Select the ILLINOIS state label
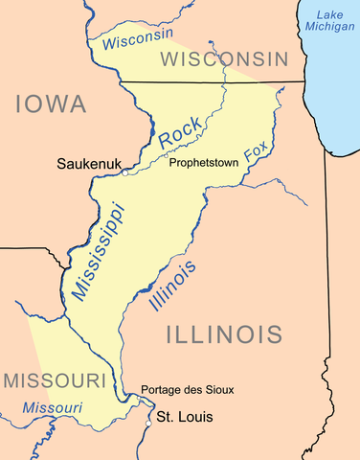(x=226, y=334)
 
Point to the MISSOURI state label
(x=53, y=380)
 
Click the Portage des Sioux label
(x=187, y=389)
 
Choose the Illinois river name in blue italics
(x=173, y=287)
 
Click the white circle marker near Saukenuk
(x=124, y=174)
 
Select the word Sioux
(x=217, y=389)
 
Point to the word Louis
(x=193, y=417)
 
